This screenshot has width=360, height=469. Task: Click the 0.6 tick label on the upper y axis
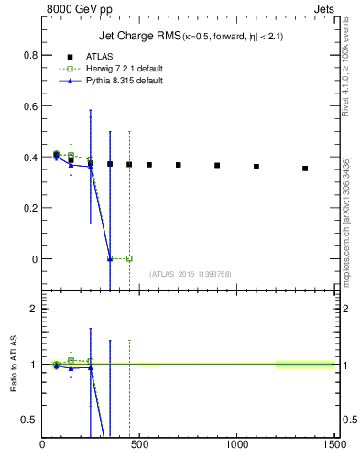[29, 106]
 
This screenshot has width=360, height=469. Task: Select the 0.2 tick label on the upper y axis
[29, 208]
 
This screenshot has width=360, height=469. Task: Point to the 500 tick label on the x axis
[139, 445]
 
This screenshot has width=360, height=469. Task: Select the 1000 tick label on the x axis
[236, 445]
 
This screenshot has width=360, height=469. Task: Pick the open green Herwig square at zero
[129, 258]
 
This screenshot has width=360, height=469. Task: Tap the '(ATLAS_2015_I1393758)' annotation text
[189, 274]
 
